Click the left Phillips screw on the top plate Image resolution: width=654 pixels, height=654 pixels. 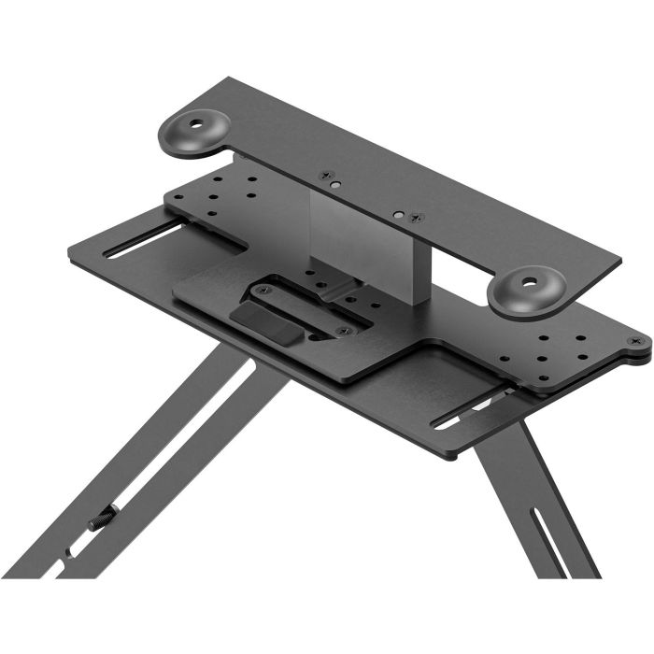coord(326,175)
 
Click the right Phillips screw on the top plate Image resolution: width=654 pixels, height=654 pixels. coord(418,218)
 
